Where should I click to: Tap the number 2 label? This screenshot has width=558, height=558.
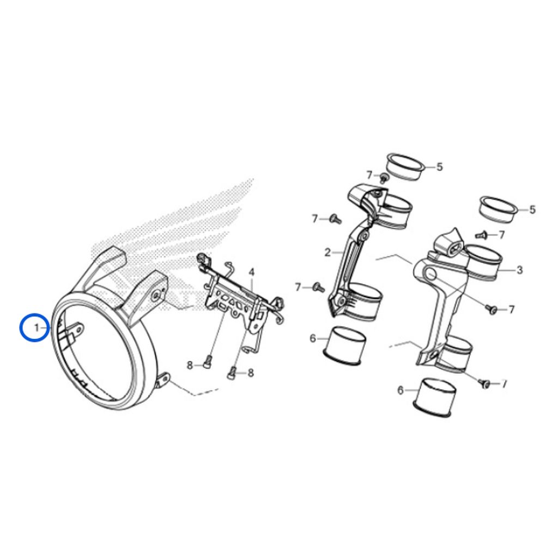[x=327, y=253]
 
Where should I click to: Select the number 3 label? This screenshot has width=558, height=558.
[x=519, y=270]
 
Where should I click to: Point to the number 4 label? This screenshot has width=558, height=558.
[x=252, y=272]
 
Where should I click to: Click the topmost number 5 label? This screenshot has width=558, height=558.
[x=440, y=167]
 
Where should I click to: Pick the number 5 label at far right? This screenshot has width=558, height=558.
[x=532, y=210]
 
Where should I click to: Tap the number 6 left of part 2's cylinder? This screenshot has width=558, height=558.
[x=313, y=338]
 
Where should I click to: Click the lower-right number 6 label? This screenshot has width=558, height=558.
[x=401, y=391]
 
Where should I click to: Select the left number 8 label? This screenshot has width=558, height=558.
[x=190, y=365]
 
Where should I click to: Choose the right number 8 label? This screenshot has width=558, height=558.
[x=251, y=373]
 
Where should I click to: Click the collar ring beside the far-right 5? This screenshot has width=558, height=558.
[x=499, y=210]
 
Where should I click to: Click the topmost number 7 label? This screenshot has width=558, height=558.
[x=369, y=175]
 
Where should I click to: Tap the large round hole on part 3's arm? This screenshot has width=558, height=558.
[x=430, y=275]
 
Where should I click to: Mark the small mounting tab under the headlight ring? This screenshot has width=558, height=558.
[x=163, y=380]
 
